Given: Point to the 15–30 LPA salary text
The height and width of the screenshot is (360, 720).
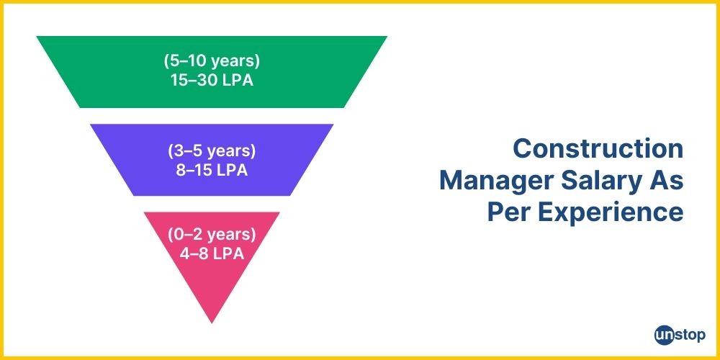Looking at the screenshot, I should [211, 80].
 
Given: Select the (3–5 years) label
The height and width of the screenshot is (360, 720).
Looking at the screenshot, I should [211, 151].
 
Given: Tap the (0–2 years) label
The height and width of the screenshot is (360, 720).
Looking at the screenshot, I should [211, 235].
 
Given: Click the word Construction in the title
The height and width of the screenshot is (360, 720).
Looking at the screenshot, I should [598, 149].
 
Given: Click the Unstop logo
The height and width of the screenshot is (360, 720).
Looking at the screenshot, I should [680, 335].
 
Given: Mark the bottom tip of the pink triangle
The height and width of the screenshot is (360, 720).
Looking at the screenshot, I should [211, 322].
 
